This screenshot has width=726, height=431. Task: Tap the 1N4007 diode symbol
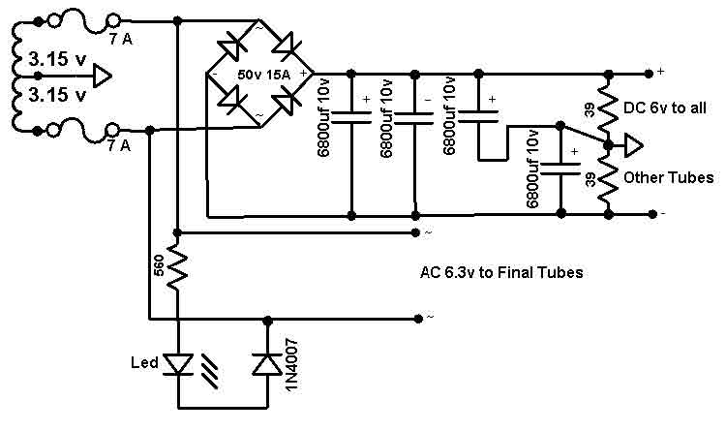click(x=267, y=364)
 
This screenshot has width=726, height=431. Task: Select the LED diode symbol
click(x=179, y=364)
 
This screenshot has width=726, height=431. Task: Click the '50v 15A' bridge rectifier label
click(x=264, y=75)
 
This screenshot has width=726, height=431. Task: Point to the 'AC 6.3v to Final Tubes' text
click(x=501, y=272)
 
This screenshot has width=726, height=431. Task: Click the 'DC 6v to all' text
click(x=665, y=108)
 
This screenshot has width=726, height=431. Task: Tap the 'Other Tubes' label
click(x=669, y=177)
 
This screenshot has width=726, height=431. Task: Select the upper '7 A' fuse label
click(x=120, y=40)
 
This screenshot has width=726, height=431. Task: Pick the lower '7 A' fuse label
click(x=119, y=146)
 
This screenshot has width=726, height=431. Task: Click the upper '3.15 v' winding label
click(x=57, y=59)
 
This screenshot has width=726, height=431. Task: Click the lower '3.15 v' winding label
click(x=57, y=95)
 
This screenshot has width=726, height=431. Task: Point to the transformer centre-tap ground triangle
click(x=103, y=76)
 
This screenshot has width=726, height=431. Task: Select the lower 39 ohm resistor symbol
click(x=608, y=180)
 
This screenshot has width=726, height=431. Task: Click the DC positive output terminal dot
click(x=649, y=74)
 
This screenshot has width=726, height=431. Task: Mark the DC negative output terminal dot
click(x=651, y=214)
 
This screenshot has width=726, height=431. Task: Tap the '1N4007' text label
click(x=291, y=365)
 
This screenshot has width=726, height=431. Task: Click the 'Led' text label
click(x=144, y=362)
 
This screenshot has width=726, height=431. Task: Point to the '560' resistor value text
click(x=159, y=267)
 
